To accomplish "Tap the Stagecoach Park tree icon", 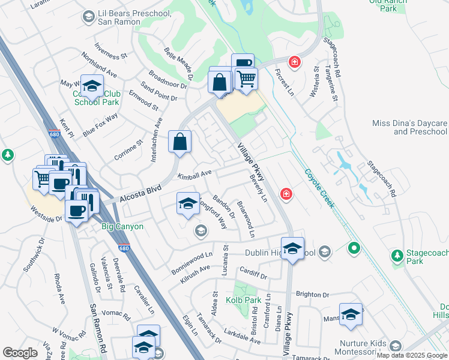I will (397, 256).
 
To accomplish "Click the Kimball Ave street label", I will (195, 174).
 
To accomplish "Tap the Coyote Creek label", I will (319, 188).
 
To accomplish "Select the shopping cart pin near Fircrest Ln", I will (246, 79).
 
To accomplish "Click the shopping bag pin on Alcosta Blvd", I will (179, 142).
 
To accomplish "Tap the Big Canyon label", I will (122, 226).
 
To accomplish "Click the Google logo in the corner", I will (20, 353).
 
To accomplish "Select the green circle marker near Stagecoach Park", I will (354, 247).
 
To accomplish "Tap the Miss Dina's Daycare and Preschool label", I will (410, 127).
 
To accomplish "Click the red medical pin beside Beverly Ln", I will (286, 194).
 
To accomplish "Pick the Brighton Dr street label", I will (313, 295).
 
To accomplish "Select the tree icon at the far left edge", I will (8, 155).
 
